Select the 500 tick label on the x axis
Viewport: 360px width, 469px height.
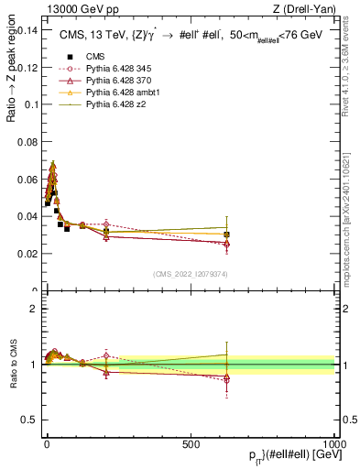[191, 442]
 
